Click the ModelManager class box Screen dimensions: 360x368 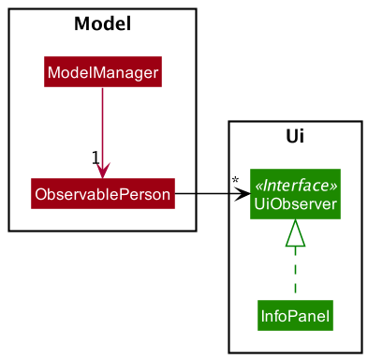click(x=102, y=72)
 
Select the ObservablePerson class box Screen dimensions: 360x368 click(x=102, y=195)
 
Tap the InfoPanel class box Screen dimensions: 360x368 click(x=295, y=316)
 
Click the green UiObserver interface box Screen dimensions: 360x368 click(x=295, y=195)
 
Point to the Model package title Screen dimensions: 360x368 click(x=102, y=23)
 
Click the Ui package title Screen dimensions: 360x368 click(x=295, y=138)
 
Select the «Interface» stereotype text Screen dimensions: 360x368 click(x=295, y=186)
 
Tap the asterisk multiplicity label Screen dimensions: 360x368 click(x=234, y=181)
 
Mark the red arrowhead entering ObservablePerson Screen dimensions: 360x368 click(x=102, y=170)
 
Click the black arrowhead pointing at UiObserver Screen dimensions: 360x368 click(x=243, y=195)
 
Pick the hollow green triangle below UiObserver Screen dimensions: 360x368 click(x=295, y=231)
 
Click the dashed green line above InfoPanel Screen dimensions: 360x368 click(x=295, y=272)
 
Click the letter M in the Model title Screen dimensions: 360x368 click(x=81, y=23)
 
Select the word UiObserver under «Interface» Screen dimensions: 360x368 click(x=295, y=204)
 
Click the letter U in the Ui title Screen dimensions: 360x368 click(x=290, y=138)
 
